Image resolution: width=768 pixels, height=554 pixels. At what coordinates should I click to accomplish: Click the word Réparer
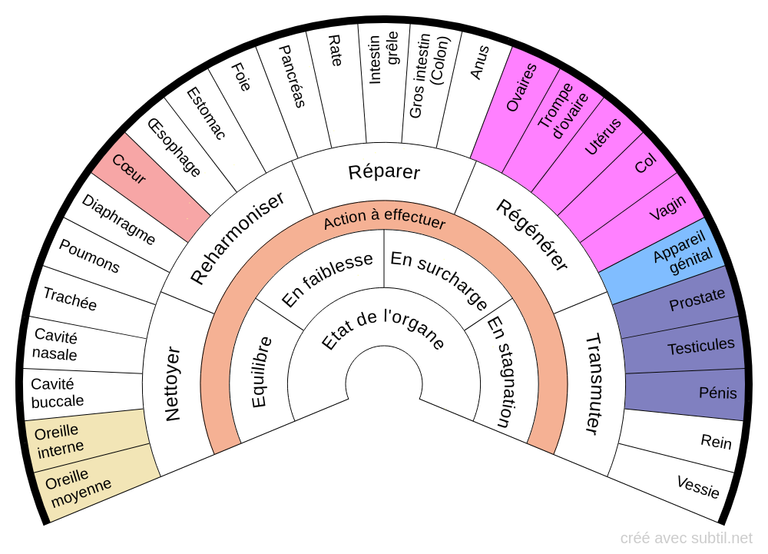pyautogui.click(x=384, y=171)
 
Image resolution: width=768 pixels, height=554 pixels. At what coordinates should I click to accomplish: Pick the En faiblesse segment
pyautogui.click(x=327, y=280)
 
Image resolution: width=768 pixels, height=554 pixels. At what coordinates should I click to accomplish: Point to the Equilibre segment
pyautogui.click(x=260, y=372)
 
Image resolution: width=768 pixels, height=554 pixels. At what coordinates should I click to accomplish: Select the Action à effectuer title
pyautogui.click(x=384, y=221)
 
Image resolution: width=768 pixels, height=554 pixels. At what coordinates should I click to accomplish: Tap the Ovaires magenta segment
pyautogui.click(x=521, y=87)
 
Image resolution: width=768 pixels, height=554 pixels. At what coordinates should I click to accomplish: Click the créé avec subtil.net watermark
pyautogui.click(x=686, y=539)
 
